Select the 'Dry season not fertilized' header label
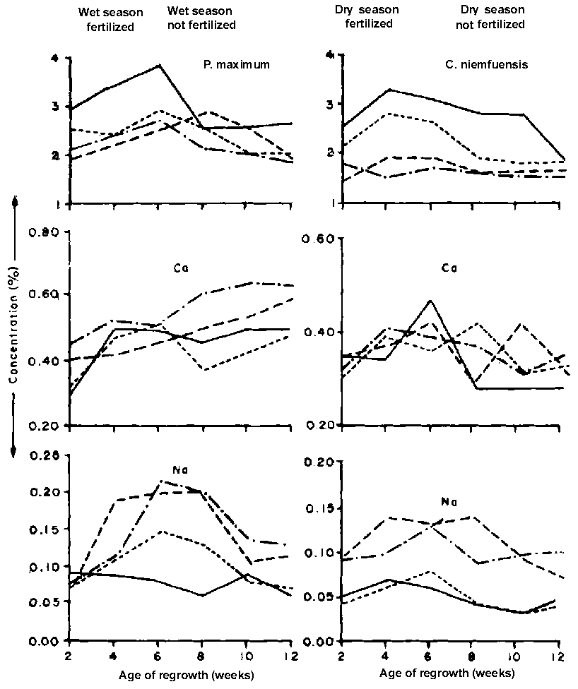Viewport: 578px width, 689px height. click(x=493, y=18)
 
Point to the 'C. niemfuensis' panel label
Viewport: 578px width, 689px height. click(x=488, y=66)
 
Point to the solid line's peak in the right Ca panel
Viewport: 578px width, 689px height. click(x=429, y=301)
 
